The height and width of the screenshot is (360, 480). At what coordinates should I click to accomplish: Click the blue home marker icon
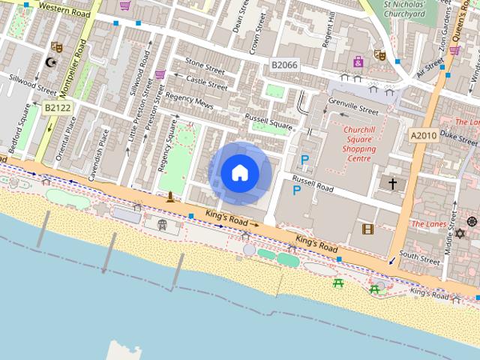[240, 173]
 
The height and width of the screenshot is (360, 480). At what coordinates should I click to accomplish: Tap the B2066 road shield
[285, 66]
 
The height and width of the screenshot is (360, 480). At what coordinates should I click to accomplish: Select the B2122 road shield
[57, 108]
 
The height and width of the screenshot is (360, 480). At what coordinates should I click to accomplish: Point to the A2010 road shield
[424, 135]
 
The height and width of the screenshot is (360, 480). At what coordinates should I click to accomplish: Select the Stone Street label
[205, 65]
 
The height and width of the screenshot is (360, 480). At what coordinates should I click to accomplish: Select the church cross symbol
[391, 183]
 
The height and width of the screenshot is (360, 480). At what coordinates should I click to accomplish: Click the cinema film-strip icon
[367, 229]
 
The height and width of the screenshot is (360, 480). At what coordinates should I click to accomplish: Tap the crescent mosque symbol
[52, 62]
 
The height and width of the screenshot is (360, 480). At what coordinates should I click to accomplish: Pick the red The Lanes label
[428, 223]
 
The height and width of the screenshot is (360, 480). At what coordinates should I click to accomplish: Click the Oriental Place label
[71, 139]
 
